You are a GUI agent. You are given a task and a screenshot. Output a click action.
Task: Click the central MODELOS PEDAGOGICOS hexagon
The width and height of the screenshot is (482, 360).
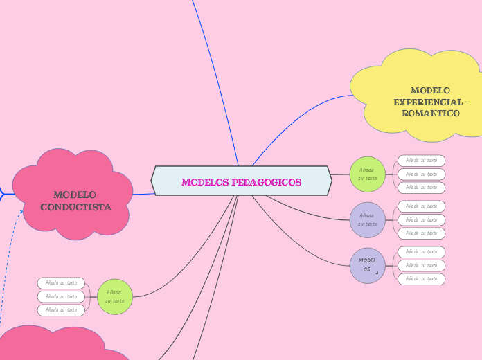(x=241, y=181)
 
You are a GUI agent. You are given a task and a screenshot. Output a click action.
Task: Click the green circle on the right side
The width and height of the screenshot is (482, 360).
(x=367, y=174)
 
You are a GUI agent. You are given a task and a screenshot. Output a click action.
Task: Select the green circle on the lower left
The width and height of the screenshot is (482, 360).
(x=114, y=297)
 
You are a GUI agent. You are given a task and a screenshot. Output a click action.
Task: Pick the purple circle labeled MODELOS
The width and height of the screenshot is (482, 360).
(x=367, y=265)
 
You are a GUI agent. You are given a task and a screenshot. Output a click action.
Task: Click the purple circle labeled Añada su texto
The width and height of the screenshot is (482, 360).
(x=367, y=219)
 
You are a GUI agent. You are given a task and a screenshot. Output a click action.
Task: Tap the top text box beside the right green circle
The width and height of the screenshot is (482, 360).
(x=421, y=161)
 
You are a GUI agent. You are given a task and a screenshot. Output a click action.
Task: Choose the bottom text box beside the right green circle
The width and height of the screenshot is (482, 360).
(x=421, y=188)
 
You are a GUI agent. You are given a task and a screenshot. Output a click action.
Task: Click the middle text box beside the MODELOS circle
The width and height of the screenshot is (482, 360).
(x=421, y=265)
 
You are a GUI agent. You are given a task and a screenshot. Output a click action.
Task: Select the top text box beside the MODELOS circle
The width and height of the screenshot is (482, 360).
(x=421, y=252)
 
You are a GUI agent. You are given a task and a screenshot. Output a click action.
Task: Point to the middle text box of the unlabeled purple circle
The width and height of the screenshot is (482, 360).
(x=421, y=219)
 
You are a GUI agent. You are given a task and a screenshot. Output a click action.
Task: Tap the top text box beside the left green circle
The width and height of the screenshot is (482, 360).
(x=61, y=283)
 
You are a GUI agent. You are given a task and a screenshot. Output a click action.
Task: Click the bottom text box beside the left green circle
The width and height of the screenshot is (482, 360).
(x=61, y=310)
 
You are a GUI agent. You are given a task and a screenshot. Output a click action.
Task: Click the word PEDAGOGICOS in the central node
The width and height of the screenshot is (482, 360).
(x=266, y=182)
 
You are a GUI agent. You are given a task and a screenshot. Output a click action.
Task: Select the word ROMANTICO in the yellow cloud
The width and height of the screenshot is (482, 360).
(x=431, y=113)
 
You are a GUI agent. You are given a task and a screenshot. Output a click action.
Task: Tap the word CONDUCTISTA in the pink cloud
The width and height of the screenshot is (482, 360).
(x=76, y=207)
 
